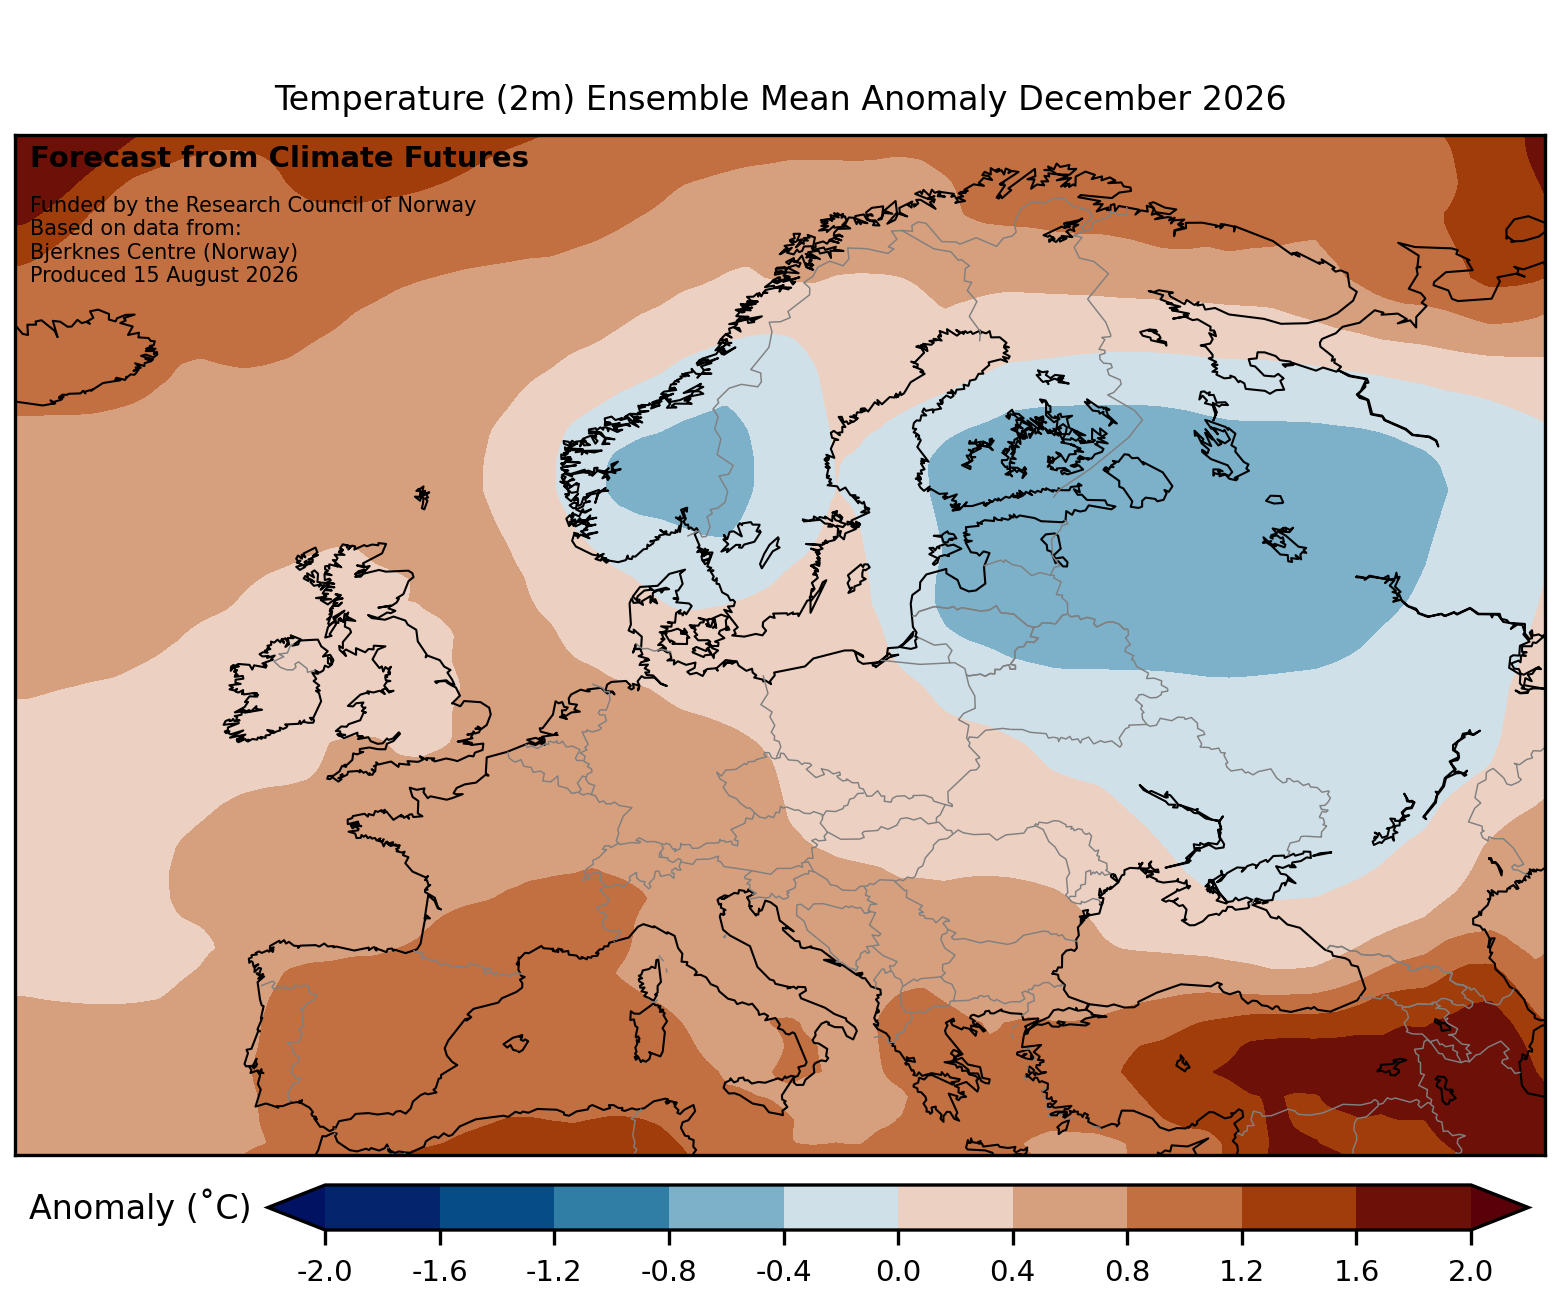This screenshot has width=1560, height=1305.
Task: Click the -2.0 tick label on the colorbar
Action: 324,1271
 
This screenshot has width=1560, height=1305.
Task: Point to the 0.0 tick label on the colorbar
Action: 897,1271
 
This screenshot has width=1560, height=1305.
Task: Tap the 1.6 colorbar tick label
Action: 1356,1271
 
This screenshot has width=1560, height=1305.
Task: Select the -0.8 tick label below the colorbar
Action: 668,1271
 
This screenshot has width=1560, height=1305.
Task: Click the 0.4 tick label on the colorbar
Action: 1012,1271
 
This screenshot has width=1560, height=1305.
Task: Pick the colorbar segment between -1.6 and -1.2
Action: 497,1207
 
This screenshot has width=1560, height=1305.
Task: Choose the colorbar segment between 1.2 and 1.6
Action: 1299,1207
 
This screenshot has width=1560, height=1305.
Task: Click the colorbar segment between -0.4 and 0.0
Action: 841,1207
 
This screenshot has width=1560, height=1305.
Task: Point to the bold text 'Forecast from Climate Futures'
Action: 279,158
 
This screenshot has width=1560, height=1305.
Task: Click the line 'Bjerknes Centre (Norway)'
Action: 164,252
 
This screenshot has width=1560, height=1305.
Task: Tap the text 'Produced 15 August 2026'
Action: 164,275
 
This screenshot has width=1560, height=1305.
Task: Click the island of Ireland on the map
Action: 273,689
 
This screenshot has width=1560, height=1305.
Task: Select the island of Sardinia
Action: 647,1033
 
